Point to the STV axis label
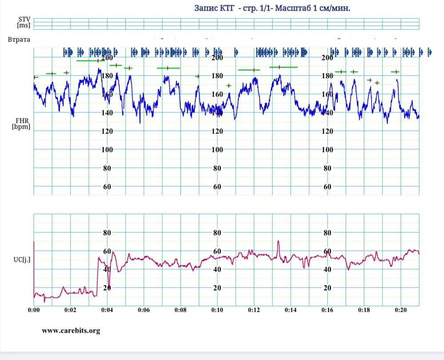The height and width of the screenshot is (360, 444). [x=24, y=20]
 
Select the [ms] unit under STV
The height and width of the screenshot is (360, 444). [x=24, y=25]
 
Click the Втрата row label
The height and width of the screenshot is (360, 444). [x=19, y=40]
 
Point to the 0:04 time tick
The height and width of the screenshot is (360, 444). [x=107, y=309]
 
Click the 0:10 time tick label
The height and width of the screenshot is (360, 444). [x=217, y=309]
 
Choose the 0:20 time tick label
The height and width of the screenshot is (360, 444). [x=400, y=309]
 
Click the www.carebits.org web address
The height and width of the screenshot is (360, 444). [x=71, y=331]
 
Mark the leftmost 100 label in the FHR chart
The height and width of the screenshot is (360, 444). [x=107, y=150]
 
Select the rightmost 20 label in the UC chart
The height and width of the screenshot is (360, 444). [x=327, y=288]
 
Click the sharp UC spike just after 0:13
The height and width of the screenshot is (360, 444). [x=278, y=241]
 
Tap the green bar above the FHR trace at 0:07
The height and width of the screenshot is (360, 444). [x=168, y=68]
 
